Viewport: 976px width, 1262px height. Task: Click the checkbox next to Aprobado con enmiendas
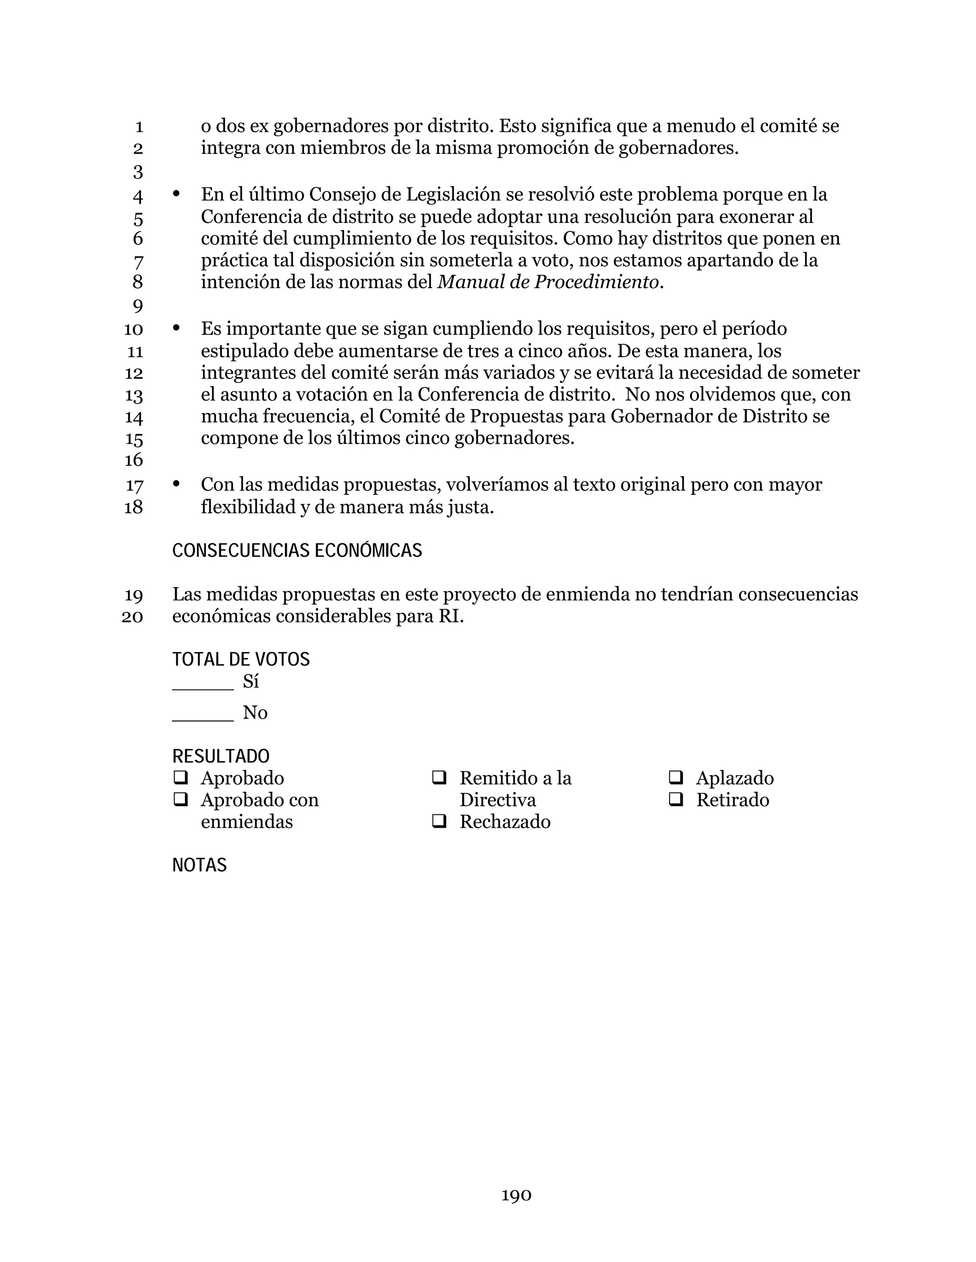pyautogui.click(x=181, y=800)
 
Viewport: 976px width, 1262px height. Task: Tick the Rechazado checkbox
pyautogui.click(x=439, y=821)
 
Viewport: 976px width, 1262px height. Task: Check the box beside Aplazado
pyautogui.click(x=675, y=778)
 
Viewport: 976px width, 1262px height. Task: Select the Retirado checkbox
pyautogui.click(x=675, y=800)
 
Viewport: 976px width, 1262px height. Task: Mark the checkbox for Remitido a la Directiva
pyautogui.click(x=439, y=778)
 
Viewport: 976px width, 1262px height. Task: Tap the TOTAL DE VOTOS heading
pyautogui.click(x=241, y=659)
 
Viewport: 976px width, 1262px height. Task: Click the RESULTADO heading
pyautogui.click(x=220, y=756)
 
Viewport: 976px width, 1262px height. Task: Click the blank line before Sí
pyautogui.click(x=203, y=686)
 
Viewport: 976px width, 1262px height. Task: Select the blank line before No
pyautogui.click(x=203, y=718)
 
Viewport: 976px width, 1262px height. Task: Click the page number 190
pyautogui.click(x=516, y=1195)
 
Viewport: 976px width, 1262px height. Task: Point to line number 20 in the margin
pyautogui.click(x=132, y=617)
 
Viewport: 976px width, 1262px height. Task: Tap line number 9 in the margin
pyautogui.click(x=138, y=306)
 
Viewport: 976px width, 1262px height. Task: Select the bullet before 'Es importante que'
pyautogui.click(x=176, y=328)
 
